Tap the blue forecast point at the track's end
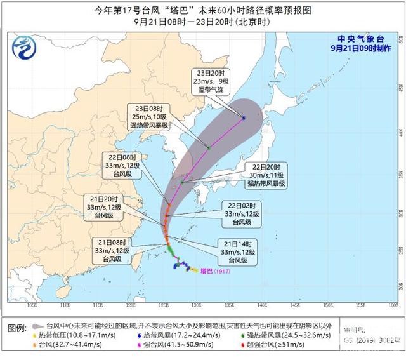[244, 118]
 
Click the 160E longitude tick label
[395, 305]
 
